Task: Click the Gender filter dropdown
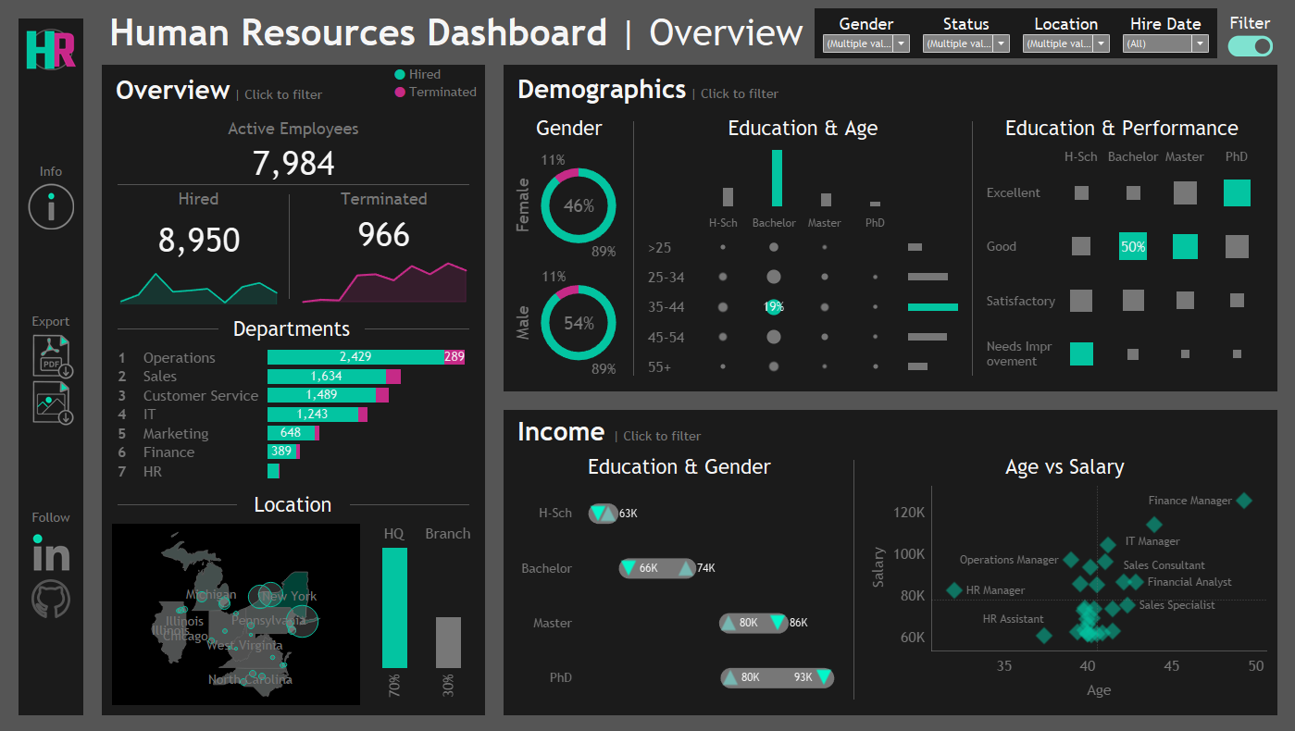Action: coord(865,43)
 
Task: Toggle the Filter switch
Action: coord(1250,46)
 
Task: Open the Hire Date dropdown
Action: coord(1164,43)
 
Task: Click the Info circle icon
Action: coord(51,206)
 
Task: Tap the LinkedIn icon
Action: coord(51,554)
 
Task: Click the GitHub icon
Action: coord(51,600)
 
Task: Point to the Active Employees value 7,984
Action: coord(293,164)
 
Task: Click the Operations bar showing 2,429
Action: coord(355,357)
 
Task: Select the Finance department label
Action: coord(168,452)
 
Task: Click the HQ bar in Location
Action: coord(394,607)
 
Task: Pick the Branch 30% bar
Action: coord(448,642)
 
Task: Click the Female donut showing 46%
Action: coord(579,205)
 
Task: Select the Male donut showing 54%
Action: coord(579,323)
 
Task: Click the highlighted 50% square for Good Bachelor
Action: coord(1133,246)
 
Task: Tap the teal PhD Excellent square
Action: coord(1237,192)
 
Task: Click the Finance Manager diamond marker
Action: coord(1244,501)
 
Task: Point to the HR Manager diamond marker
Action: coord(954,590)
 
